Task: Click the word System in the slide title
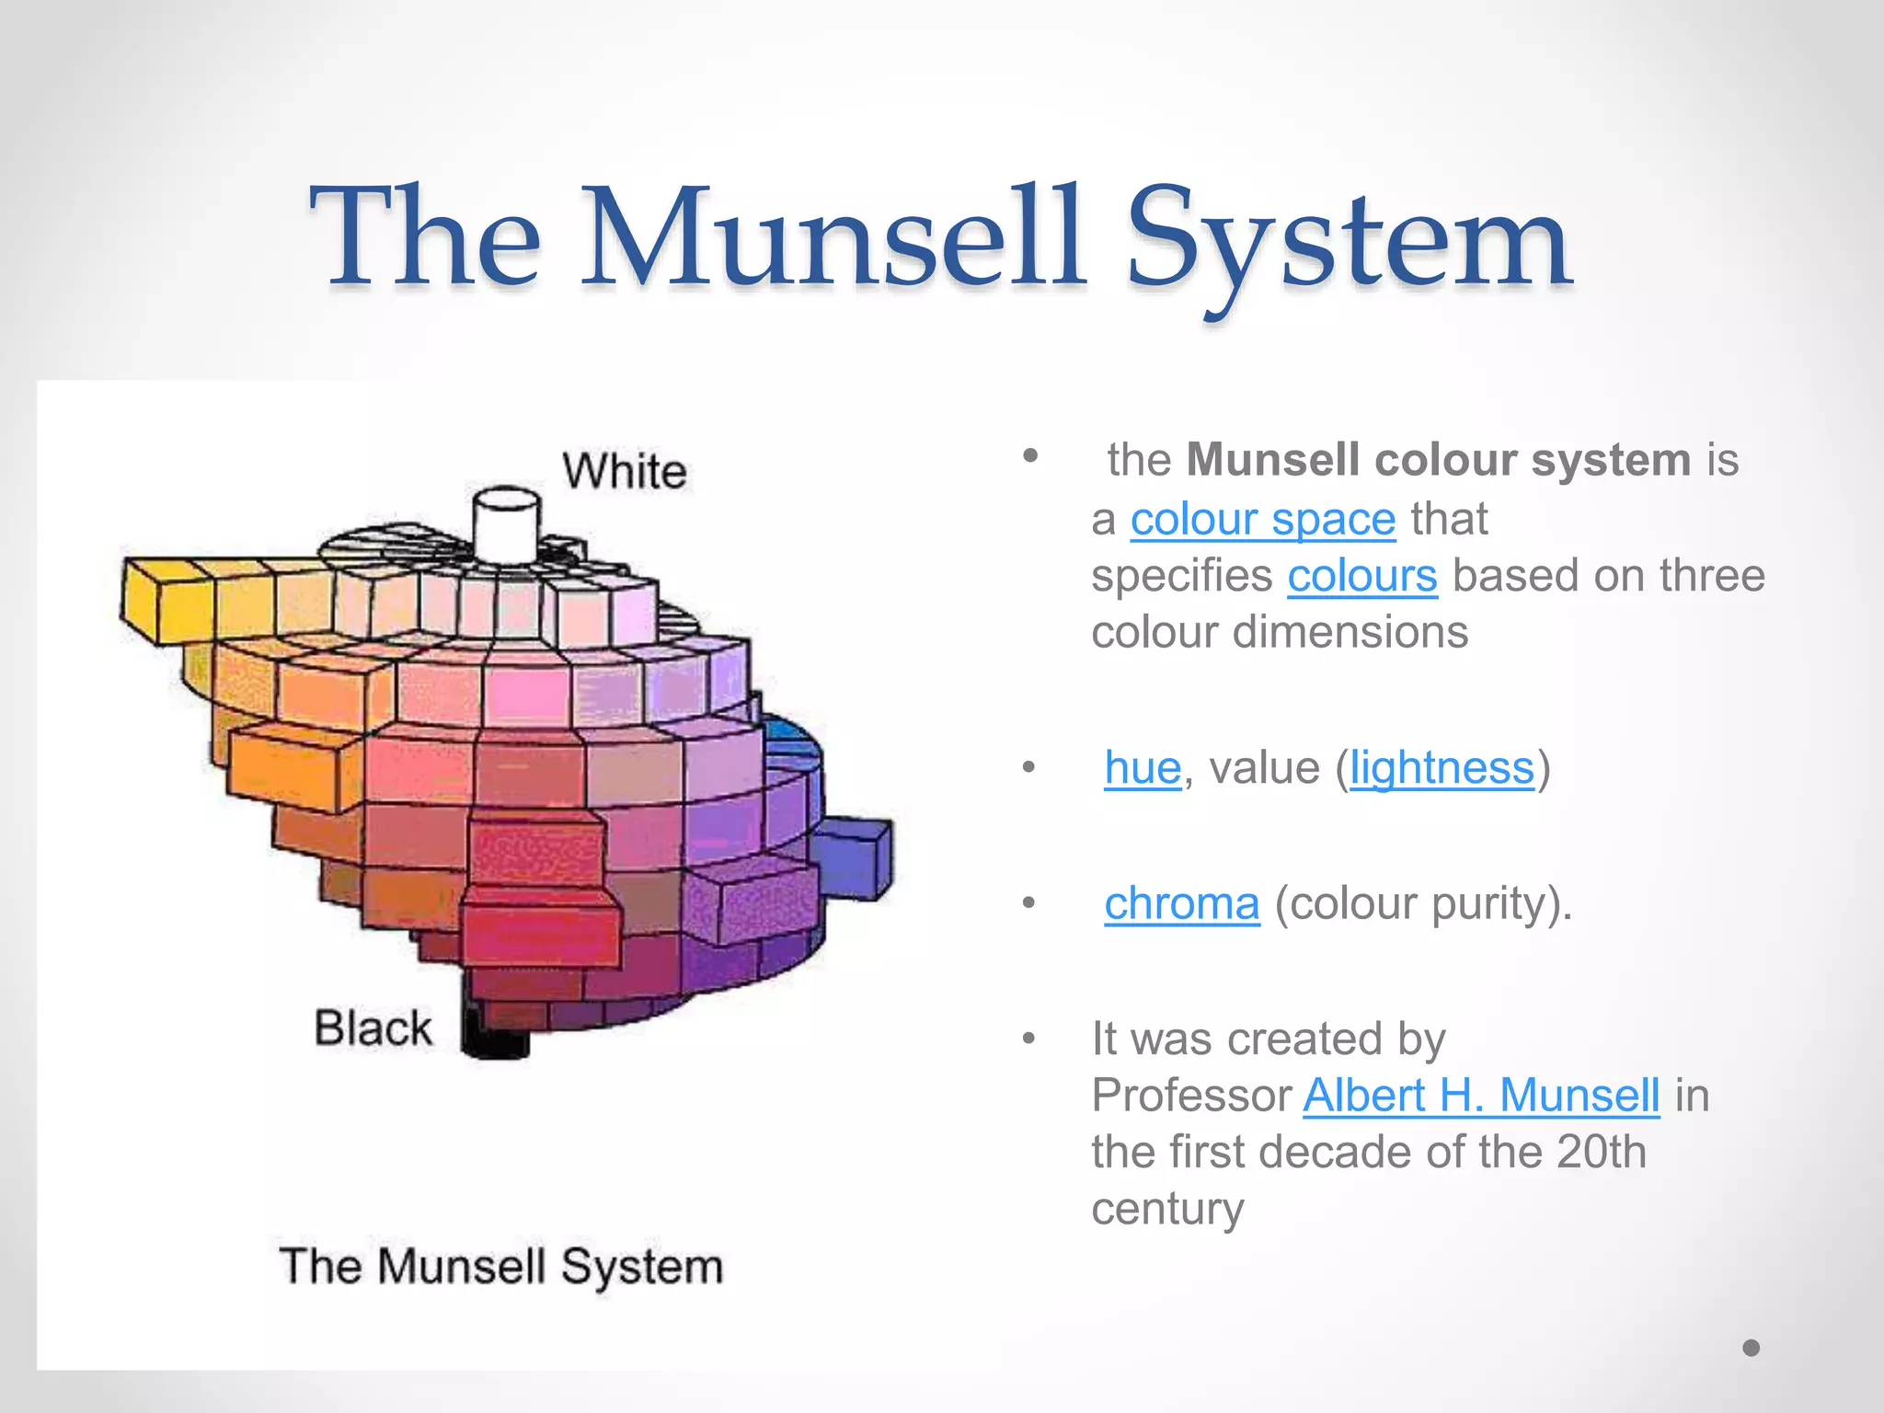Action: coord(1348,241)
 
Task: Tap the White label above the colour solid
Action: coord(625,471)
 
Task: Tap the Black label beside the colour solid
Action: coord(373,1028)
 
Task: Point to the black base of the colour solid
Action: coord(494,1035)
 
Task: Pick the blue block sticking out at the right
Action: coord(854,858)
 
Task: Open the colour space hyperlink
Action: coord(1263,519)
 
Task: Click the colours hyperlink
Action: coord(1361,576)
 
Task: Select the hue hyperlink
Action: coord(1143,767)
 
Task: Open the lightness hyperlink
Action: coord(1442,767)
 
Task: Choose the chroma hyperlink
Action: coord(1181,902)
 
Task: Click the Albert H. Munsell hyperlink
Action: coord(1481,1095)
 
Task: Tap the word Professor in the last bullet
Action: coord(1192,1095)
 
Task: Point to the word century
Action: coord(1167,1208)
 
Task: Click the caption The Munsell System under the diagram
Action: coord(501,1266)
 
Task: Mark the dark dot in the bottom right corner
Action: coord(1752,1348)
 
